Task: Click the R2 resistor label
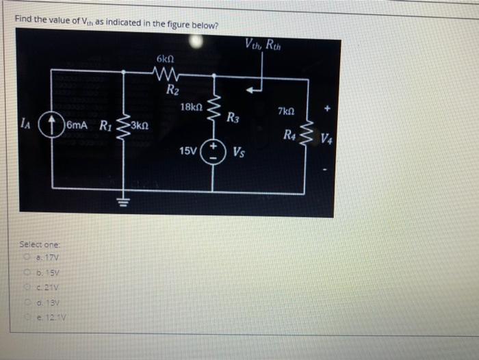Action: pos(172,88)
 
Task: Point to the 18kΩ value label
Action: pos(190,107)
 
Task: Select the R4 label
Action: pos(291,133)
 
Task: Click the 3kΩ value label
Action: pos(138,126)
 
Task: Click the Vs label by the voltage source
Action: pos(239,151)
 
